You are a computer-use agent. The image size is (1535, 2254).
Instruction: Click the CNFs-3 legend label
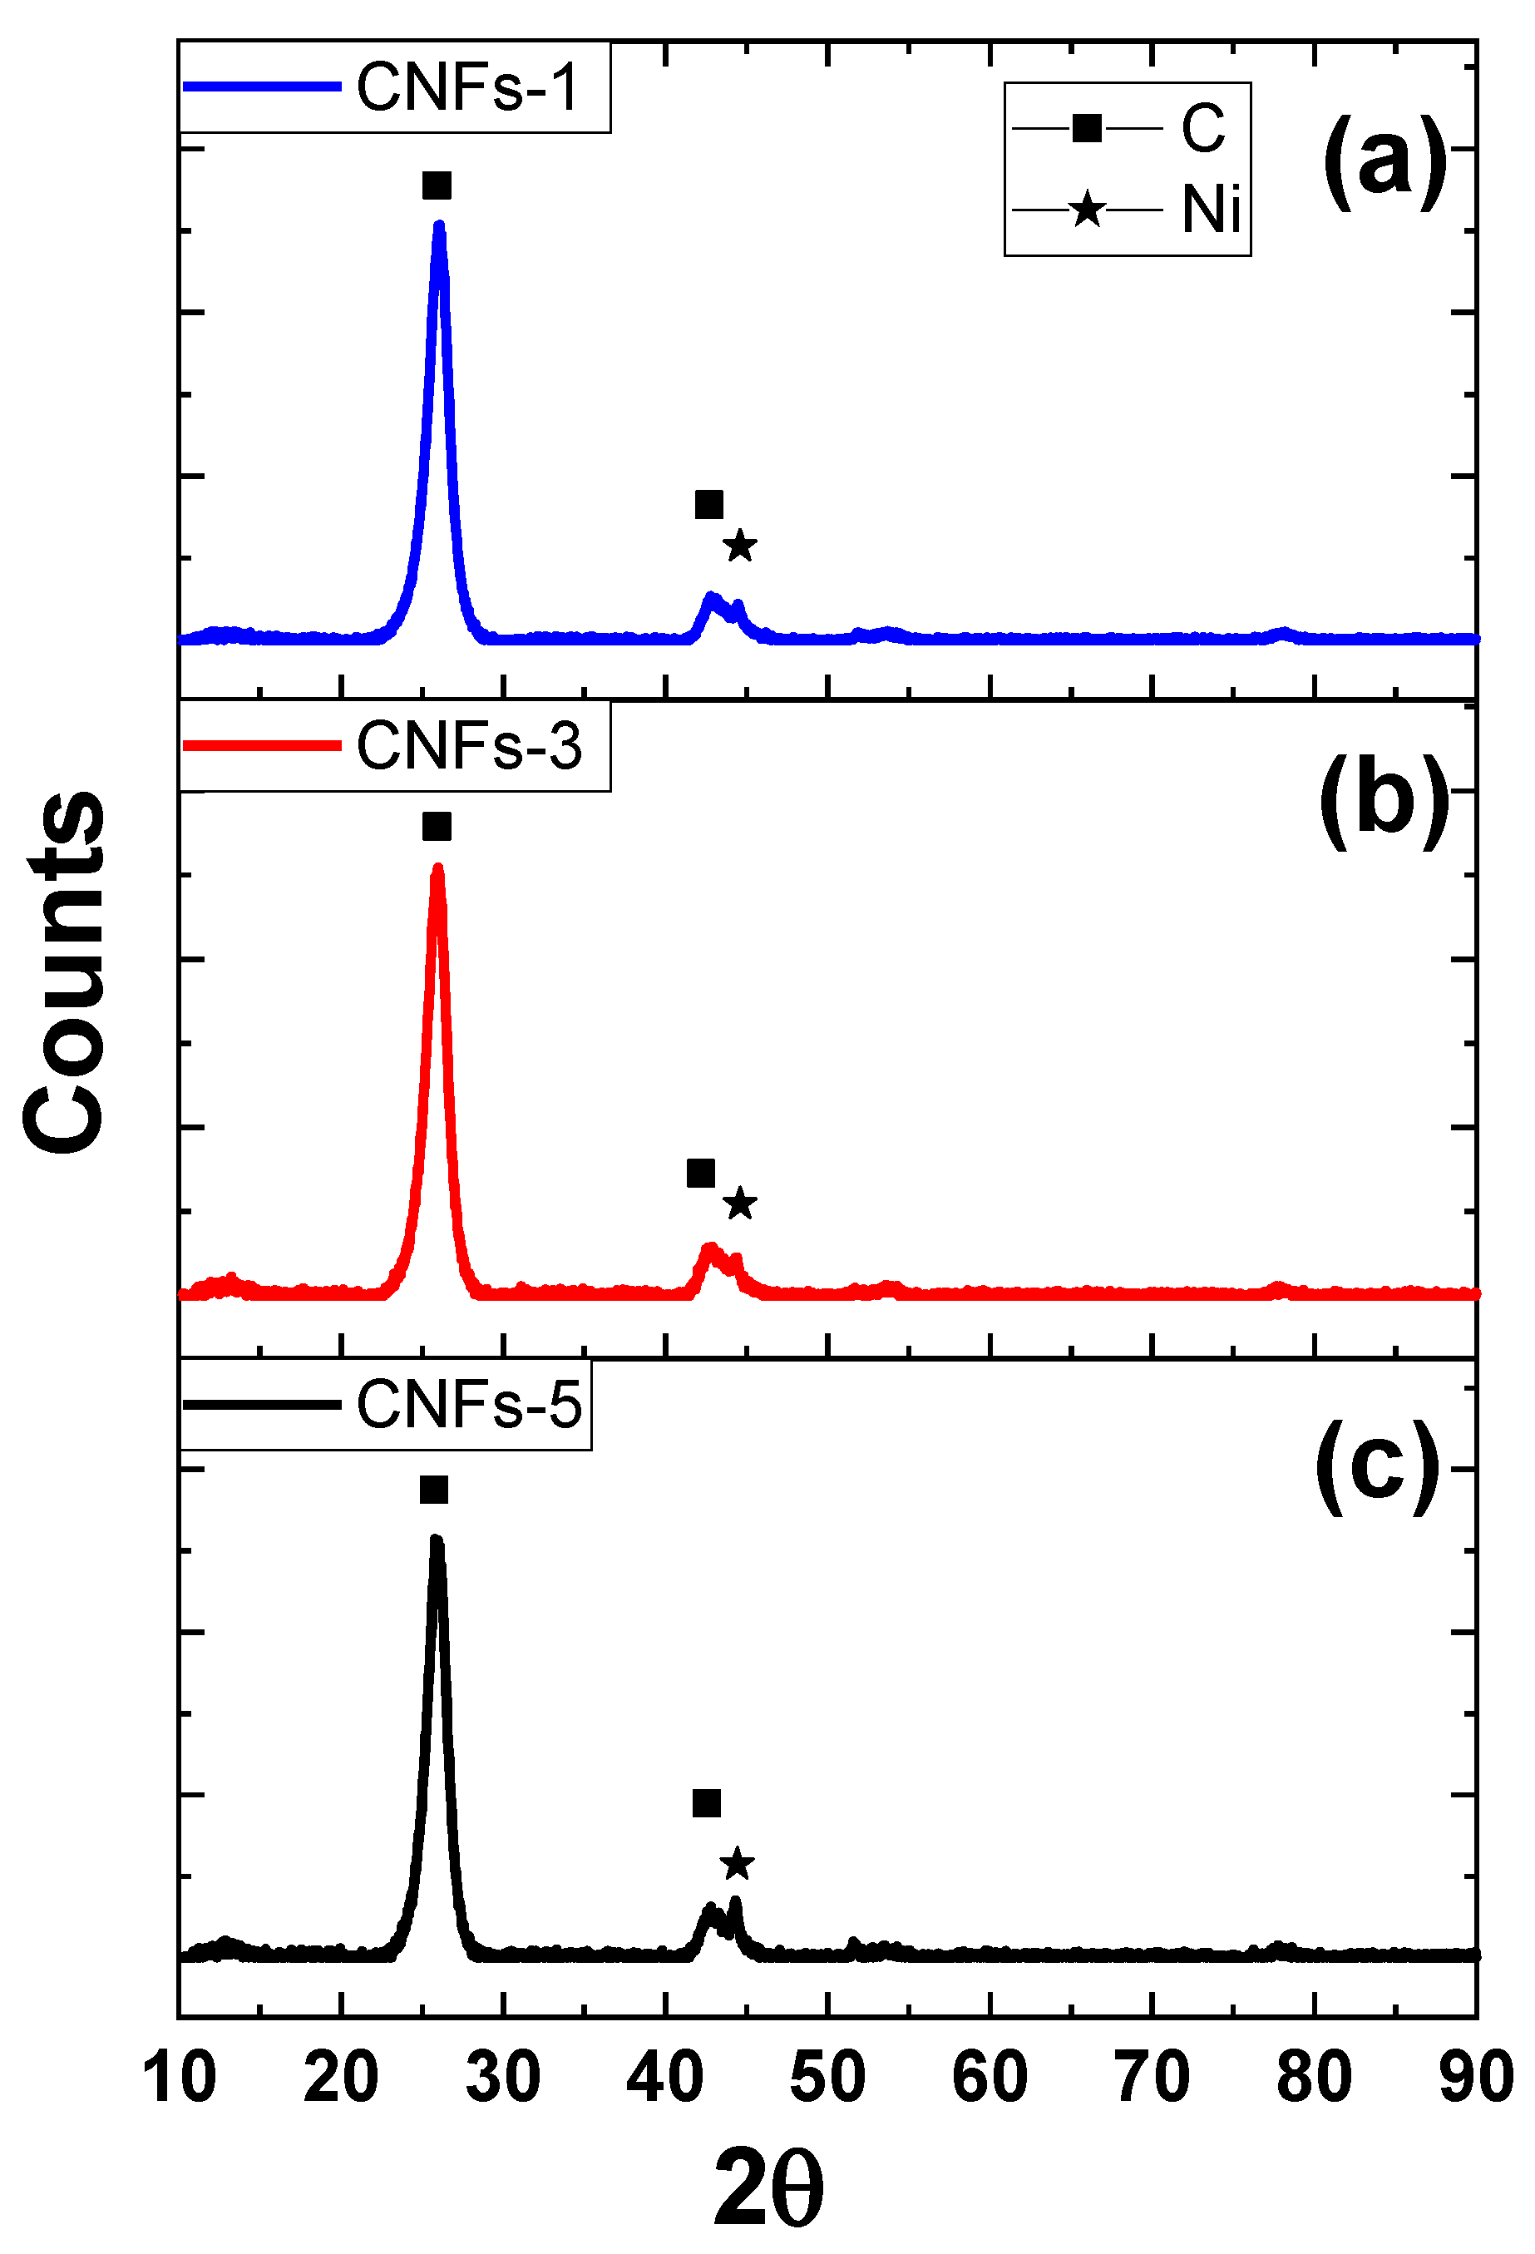pos(468,746)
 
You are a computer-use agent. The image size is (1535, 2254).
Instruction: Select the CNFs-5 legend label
pos(468,1405)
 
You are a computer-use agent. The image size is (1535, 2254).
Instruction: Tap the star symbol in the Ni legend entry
pos(1087,210)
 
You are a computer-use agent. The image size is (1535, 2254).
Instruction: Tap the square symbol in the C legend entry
pos(1087,128)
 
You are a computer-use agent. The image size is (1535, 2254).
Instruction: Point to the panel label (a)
pos(1384,160)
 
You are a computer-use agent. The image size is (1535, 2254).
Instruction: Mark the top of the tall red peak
pos(437,868)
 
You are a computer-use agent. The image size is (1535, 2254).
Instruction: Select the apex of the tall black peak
pos(436,1540)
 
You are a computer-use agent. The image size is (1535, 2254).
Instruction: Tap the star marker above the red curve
pos(740,1204)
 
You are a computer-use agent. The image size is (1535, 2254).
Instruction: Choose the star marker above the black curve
pos(737,1863)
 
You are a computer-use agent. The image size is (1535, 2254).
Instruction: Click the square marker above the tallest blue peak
pos(437,185)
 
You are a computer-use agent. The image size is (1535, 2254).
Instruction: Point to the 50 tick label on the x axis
pos(827,2079)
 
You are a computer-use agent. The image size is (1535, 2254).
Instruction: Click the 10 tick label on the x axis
pos(179,2079)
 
